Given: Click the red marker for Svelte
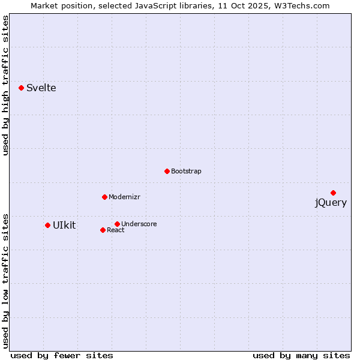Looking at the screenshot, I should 22,88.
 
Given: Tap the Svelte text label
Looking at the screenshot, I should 41,88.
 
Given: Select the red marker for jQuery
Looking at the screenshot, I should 333,193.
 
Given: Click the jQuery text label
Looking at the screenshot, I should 331,203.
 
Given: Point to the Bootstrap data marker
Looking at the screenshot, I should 167,171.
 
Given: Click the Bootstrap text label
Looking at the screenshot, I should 186,172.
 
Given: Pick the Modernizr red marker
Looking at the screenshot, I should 104,197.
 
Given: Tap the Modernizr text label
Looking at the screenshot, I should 124,197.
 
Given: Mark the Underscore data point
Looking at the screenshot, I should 117,224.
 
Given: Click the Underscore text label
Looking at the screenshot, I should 139,224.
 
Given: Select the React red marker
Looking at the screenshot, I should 103,230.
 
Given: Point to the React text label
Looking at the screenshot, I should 116,230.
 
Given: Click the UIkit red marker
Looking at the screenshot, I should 47,225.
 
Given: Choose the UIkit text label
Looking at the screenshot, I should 64,226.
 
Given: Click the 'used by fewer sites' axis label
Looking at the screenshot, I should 62,355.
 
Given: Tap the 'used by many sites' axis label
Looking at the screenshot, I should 301,355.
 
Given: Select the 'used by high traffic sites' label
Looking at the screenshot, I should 6,86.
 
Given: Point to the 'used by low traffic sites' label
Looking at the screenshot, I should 6,280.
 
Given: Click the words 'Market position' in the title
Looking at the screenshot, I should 58,6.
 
